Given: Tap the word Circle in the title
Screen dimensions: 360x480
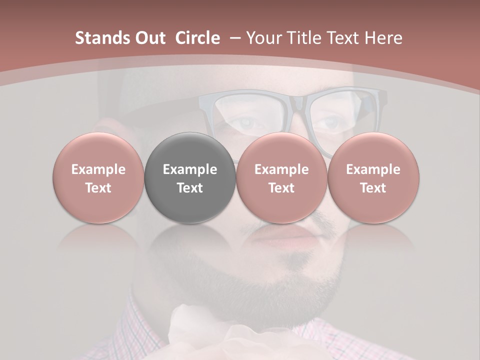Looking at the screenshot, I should pyautogui.click(x=197, y=38).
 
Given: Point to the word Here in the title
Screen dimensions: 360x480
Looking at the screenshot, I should pyautogui.click(x=383, y=38).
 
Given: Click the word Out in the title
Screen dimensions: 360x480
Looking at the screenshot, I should pyautogui.click(x=148, y=38).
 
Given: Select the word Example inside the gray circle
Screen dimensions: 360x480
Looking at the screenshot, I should pyautogui.click(x=190, y=169).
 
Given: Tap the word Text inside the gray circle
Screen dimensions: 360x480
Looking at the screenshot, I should pyautogui.click(x=190, y=188).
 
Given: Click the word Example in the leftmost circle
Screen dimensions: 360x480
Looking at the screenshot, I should pyautogui.click(x=98, y=169).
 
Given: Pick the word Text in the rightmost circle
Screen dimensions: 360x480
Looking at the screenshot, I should pyautogui.click(x=373, y=188).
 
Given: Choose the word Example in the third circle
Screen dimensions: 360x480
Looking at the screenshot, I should pyautogui.click(x=281, y=169).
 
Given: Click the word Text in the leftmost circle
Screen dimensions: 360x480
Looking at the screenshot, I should pyautogui.click(x=98, y=188).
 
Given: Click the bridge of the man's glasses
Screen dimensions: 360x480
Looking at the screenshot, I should pyautogui.click(x=298, y=102).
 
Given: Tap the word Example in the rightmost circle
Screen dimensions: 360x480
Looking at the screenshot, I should pyautogui.click(x=373, y=169).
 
